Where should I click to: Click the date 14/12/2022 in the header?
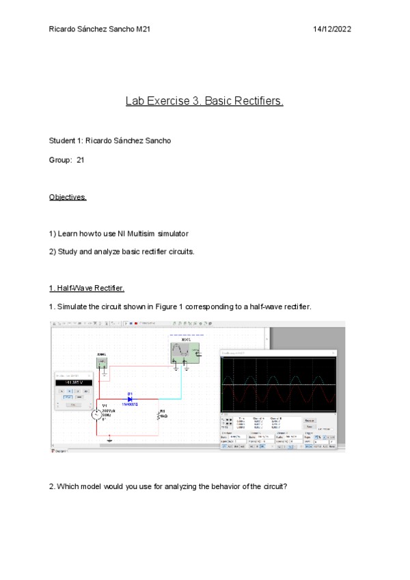point(332,29)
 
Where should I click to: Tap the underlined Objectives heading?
point(68,197)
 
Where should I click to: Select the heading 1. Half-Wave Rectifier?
point(86,288)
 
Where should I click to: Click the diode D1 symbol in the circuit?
point(130,397)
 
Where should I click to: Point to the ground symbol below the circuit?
point(108,440)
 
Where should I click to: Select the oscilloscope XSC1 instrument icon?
point(184,352)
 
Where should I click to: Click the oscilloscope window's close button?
point(333,353)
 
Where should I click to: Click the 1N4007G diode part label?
point(130,405)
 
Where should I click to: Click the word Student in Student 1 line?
point(62,141)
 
